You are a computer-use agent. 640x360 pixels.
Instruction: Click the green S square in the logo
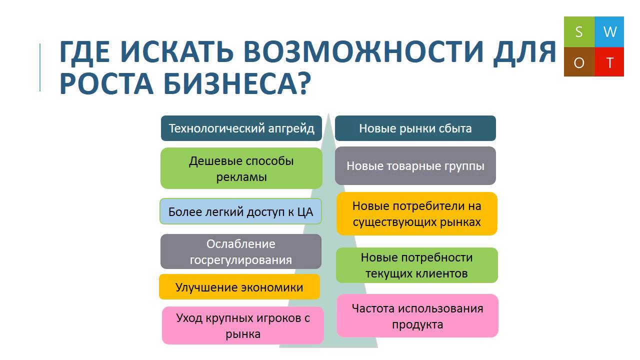579,32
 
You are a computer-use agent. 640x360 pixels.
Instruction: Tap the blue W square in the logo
609,32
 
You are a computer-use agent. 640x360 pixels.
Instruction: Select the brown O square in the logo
579,62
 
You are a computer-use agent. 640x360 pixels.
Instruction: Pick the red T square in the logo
609,62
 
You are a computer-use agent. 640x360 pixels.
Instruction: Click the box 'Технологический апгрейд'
241,128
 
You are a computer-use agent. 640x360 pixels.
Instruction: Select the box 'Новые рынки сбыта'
415,128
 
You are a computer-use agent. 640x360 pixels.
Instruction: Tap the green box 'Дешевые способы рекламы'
241,168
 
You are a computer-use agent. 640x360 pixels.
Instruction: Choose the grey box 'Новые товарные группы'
415,166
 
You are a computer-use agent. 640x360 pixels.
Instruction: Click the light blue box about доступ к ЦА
240,211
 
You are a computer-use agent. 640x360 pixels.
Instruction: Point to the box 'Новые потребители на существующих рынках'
416,213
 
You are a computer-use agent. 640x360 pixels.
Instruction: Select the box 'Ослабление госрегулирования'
241,251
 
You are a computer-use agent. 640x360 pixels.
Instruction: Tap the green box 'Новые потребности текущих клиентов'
416,265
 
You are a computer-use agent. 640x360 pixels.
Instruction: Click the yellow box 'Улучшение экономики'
239,287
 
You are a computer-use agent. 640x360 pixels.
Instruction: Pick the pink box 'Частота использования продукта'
417,315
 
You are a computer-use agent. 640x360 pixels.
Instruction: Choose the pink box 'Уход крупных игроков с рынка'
243,325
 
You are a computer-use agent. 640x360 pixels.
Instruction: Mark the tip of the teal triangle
328,114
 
